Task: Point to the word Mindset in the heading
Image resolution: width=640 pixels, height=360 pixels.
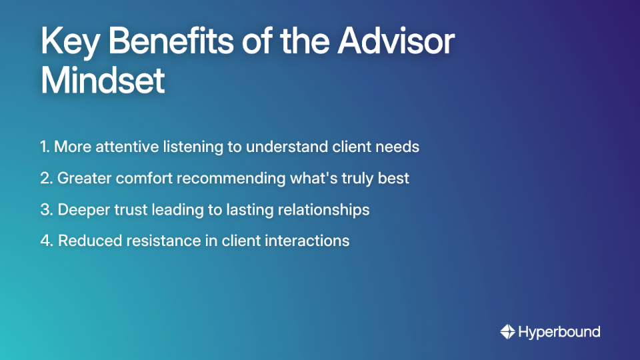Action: pos(103,81)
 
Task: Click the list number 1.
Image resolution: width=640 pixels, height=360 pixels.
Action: pos(44,147)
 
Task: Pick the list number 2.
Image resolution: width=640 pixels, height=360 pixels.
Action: pos(45,178)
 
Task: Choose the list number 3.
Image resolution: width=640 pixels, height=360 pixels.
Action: pos(45,209)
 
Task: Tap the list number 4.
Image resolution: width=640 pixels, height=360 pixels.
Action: pos(46,241)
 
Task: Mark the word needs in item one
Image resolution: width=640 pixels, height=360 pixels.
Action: pos(398,147)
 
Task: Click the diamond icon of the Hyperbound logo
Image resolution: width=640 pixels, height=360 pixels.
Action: pos(507,331)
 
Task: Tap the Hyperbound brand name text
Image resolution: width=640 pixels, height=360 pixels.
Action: pos(559,332)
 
